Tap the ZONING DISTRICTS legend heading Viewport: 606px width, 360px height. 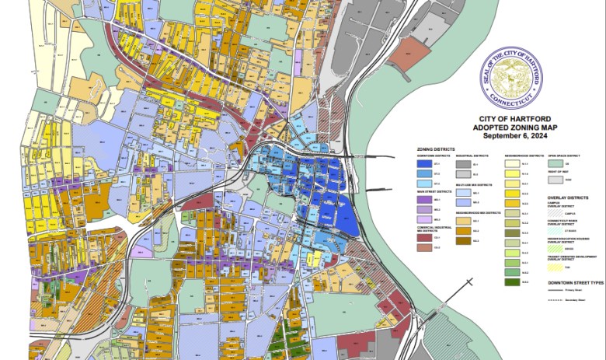435,149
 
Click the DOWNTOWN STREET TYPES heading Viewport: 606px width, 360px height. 575,282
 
